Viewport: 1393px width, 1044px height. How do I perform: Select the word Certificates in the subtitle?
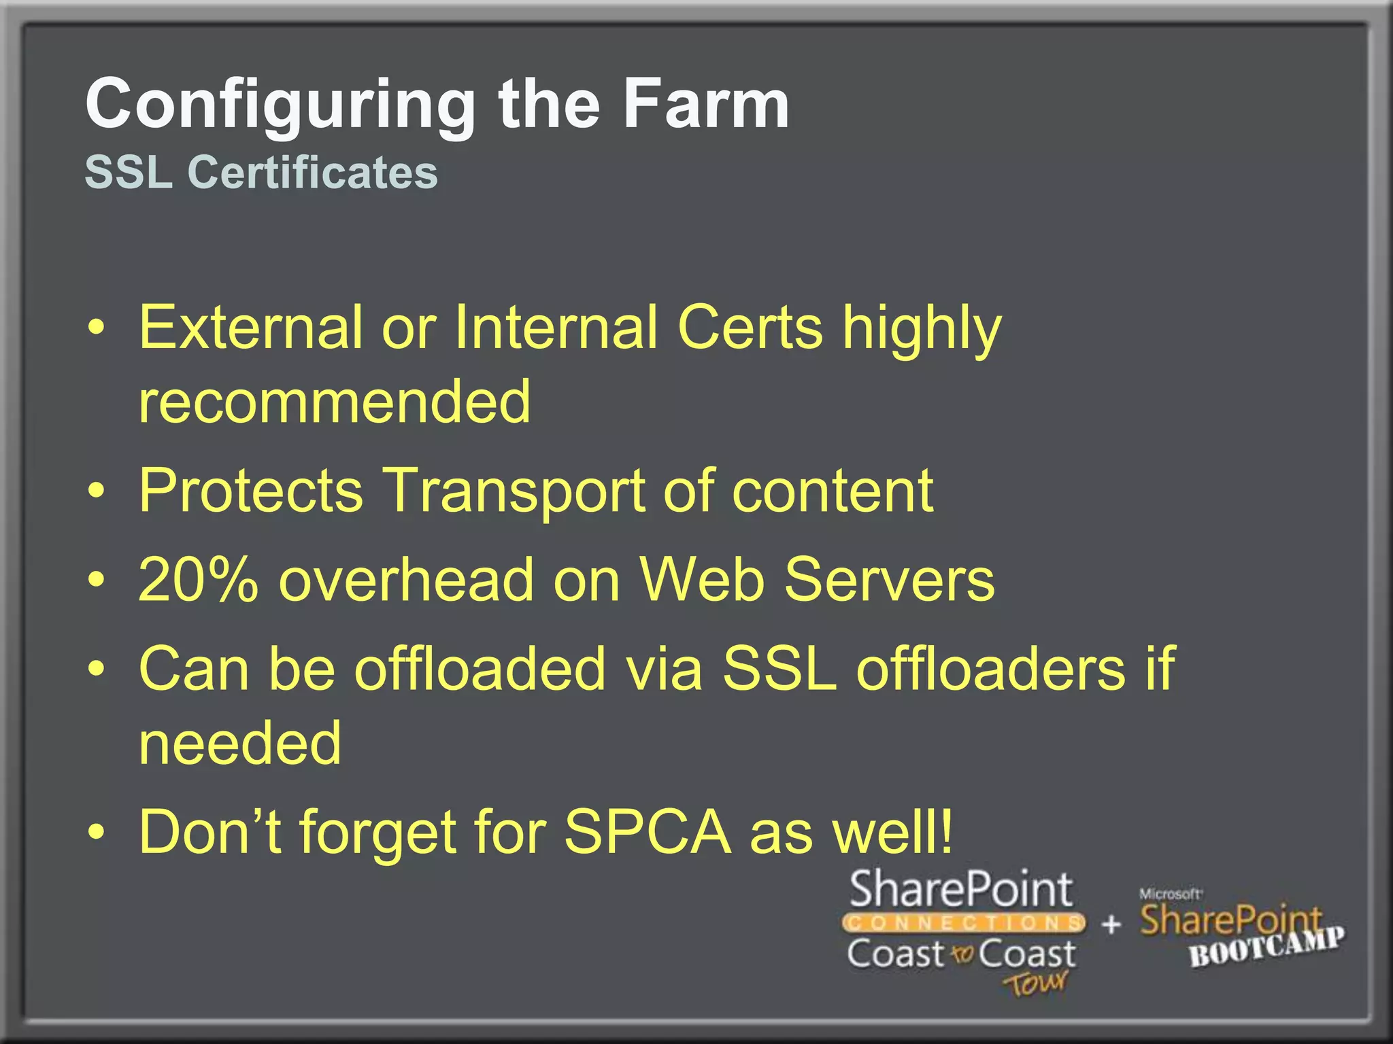[312, 172]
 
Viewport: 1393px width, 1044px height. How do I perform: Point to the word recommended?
[334, 402]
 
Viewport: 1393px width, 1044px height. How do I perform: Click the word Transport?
[514, 491]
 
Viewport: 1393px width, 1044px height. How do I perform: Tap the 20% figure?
[198, 580]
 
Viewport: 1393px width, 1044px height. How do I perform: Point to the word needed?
[239, 743]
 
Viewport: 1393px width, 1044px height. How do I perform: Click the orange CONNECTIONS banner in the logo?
[963, 923]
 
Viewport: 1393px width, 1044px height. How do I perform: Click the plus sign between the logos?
[1111, 924]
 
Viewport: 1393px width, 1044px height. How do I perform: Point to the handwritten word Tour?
[1035, 983]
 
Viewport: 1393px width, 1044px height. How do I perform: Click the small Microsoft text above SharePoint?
[1170, 894]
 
